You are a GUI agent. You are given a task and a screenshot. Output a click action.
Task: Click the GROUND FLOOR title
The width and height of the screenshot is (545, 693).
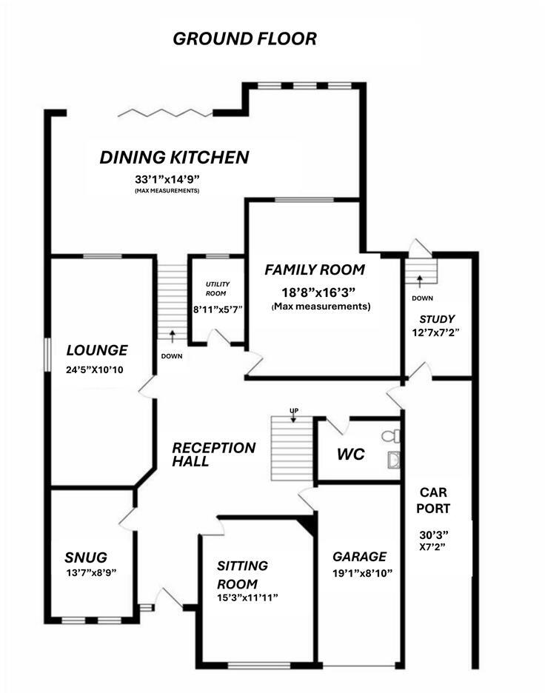[x=244, y=38]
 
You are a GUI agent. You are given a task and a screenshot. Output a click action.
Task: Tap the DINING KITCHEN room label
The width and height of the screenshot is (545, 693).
[x=175, y=158]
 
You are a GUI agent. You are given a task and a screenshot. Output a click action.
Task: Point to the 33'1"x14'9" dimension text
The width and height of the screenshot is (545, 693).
[x=167, y=178]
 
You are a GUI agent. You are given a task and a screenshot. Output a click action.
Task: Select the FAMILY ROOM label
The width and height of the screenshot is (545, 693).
[x=315, y=269]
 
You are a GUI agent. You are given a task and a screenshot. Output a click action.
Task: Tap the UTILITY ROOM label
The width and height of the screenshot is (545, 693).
[x=218, y=289]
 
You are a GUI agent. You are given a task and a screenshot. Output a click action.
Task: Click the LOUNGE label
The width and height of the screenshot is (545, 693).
[x=97, y=350]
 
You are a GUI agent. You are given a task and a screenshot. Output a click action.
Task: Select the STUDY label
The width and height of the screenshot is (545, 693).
[x=437, y=319]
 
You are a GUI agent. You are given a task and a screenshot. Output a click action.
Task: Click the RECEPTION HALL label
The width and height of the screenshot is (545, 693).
[x=214, y=455]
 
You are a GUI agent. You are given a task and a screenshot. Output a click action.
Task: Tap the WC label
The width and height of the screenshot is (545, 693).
[x=352, y=454]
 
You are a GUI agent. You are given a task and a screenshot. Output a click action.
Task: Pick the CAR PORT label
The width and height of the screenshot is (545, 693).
[x=435, y=500]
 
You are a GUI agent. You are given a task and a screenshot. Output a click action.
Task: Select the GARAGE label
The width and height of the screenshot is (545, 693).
[x=359, y=556]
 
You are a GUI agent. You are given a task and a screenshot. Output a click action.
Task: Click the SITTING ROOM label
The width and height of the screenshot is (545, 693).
[x=242, y=575]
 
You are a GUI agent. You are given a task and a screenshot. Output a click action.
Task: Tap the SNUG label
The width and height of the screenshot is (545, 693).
[x=86, y=557]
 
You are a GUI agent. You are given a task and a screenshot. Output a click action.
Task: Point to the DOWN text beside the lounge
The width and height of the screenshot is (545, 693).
[x=171, y=356]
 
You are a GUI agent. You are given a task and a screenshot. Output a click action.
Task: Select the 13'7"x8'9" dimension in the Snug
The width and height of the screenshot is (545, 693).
[x=90, y=572]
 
